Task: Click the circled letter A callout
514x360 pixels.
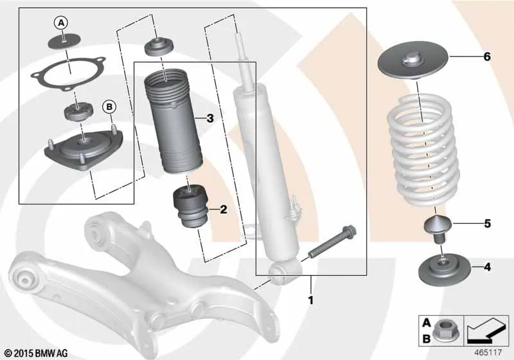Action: [61, 23]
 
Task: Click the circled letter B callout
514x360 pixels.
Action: [109, 107]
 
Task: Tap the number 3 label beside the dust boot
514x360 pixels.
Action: [210, 118]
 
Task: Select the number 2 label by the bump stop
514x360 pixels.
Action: [223, 209]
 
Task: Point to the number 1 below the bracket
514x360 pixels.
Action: [310, 300]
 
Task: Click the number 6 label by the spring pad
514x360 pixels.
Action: [487, 57]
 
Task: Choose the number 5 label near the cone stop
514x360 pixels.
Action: [488, 224]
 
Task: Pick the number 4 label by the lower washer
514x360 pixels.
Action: [488, 267]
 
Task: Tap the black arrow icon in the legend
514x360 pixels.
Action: [487, 330]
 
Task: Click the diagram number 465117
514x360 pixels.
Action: [488, 352]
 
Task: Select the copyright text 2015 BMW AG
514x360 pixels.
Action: [37, 353]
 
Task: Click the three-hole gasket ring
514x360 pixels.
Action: [69, 73]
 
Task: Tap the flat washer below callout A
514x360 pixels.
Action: [65, 41]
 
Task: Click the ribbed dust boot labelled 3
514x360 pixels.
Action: [173, 122]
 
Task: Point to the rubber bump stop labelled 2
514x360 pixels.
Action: [190, 205]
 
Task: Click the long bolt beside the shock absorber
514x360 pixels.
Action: [332, 242]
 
